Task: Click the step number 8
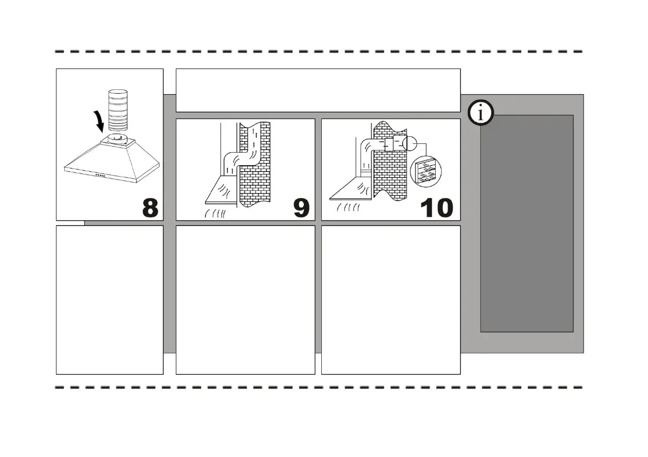tap(150, 207)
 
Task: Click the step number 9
tap(301, 207)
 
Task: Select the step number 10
tap(437, 207)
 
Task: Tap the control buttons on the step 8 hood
tap(101, 175)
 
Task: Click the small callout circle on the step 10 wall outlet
tap(408, 144)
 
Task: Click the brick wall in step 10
tap(390, 169)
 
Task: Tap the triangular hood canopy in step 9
tap(221, 189)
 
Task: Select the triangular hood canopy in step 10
tap(354, 189)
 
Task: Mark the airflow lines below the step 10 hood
tap(349, 208)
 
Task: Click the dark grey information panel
tap(527, 223)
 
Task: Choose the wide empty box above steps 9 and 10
tap(318, 90)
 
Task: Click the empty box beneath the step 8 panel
tap(109, 300)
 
